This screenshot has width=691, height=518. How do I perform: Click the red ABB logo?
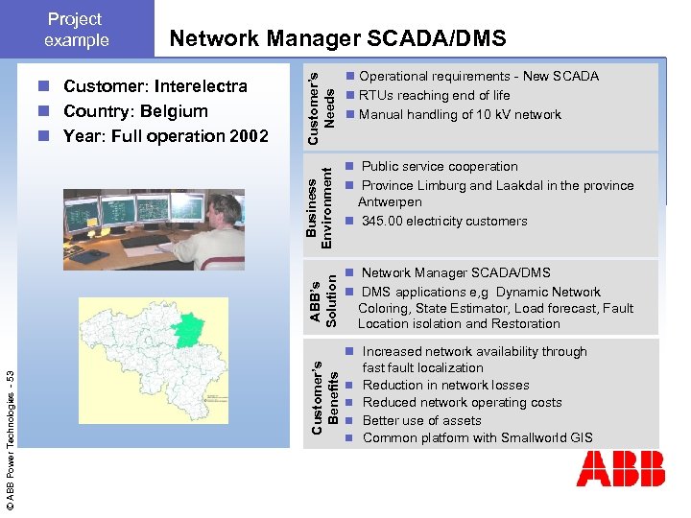pos(620,469)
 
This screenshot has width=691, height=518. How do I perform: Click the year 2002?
pos(249,135)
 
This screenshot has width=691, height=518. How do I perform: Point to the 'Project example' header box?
pos(77,29)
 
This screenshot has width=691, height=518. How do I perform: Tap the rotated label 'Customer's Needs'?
pos(322,106)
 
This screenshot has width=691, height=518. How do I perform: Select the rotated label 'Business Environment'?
pos(322,205)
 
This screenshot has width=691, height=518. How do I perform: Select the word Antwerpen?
pos(390,202)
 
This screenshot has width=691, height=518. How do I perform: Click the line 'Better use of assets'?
pos(421,420)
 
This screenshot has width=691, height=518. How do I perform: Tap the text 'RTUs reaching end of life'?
pos(434,95)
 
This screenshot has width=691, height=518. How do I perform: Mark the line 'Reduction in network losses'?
pos(445,385)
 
